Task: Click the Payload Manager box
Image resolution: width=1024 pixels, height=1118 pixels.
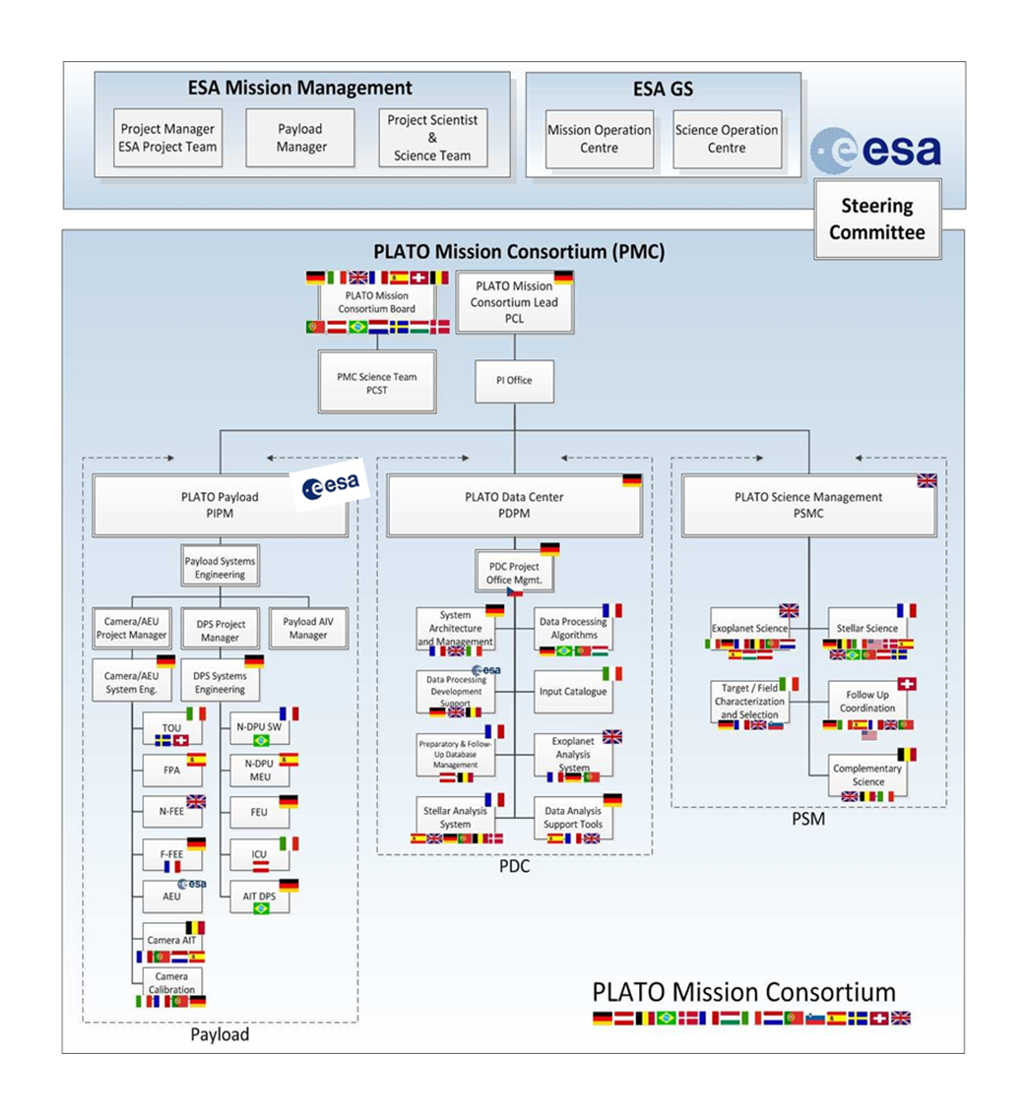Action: point(298,138)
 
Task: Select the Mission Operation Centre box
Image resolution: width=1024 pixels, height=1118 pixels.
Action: point(600,139)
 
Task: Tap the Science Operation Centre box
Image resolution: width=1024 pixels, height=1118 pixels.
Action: point(727,139)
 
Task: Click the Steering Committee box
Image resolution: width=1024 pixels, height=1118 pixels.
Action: point(876,219)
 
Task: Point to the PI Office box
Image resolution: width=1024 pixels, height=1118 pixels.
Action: point(514,380)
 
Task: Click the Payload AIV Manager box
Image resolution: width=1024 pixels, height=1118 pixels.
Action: point(308,628)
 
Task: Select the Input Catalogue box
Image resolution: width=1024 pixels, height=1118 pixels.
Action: point(574,692)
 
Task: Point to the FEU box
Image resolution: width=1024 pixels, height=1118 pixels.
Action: point(253,813)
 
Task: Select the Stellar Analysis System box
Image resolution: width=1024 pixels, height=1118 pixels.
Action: point(455,818)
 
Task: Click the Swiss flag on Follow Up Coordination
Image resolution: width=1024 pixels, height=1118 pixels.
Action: point(907,683)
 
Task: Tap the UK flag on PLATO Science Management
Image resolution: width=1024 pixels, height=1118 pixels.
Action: point(927,480)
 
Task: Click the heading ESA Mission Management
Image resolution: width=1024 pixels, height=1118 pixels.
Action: point(300,88)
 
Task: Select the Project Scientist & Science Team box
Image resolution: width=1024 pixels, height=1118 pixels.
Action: point(432,138)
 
